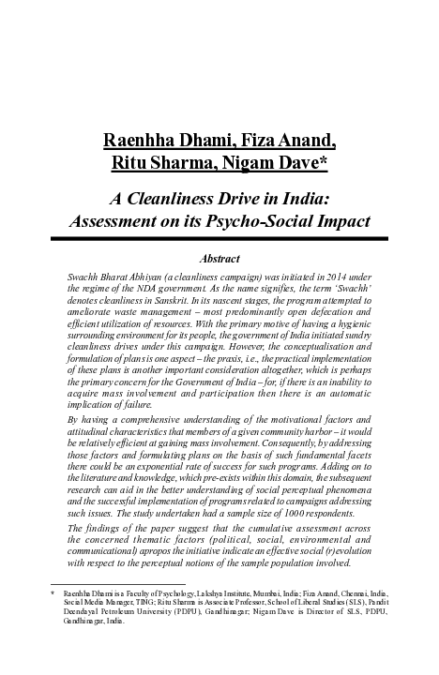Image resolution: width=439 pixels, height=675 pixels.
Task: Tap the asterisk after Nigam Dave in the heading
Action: tap(323, 164)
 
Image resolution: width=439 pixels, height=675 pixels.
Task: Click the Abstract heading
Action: tap(220, 259)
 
